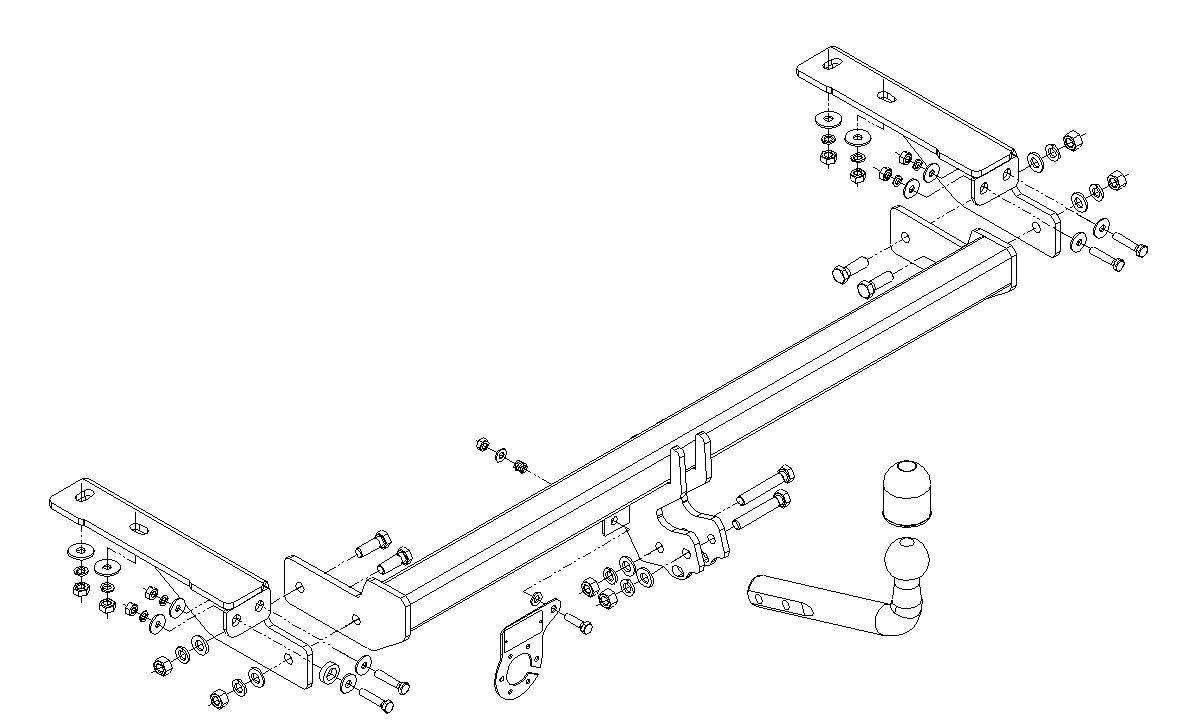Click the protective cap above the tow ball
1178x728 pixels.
[x=904, y=492]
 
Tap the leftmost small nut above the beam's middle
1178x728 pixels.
[x=482, y=444]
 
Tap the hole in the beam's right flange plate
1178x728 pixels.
[x=905, y=238]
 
